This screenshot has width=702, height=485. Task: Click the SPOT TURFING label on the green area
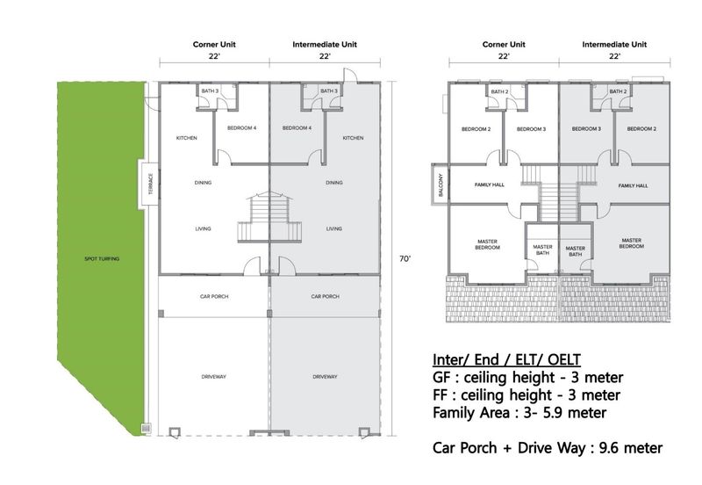pyautogui.click(x=102, y=258)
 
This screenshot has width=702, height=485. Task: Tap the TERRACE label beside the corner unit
pyautogui.click(x=151, y=185)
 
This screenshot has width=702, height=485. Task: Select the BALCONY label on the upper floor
pyautogui.click(x=441, y=185)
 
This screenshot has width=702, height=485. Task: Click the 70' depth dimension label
pyautogui.click(x=405, y=258)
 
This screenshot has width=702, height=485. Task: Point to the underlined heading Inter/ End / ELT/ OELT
pyautogui.click(x=506, y=359)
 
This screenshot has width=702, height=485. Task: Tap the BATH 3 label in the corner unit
pyautogui.click(x=210, y=91)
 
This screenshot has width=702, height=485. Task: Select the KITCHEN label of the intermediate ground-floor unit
pyautogui.click(x=354, y=138)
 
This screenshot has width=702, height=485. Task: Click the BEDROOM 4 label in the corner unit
pyautogui.click(x=242, y=128)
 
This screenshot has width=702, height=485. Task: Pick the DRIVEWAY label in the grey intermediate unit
pyautogui.click(x=325, y=377)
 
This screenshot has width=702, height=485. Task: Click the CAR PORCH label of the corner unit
pyautogui.click(x=214, y=296)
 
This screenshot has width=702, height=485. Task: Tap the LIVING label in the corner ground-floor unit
pyautogui.click(x=203, y=228)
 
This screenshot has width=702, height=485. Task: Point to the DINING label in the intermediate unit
pyautogui.click(x=334, y=183)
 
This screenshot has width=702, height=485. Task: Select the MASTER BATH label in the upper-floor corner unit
pyautogui.click(x=542, y=250)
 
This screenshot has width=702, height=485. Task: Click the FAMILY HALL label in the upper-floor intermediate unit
pyautogui.click(x=633, y=185)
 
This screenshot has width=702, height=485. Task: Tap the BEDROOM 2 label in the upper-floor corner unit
pyautogui.click(x=476, y=129)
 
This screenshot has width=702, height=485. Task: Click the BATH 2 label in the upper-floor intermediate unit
pyautogui.click(x=618, y=91)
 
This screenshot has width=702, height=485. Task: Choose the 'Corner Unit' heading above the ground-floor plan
pyautogui.click(x=214, y=45)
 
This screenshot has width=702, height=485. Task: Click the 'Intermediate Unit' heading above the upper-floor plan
pyautogui.click(x=614, y=45)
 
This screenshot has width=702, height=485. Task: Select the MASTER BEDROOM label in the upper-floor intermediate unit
pyautogui.click(x=632, y=243)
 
